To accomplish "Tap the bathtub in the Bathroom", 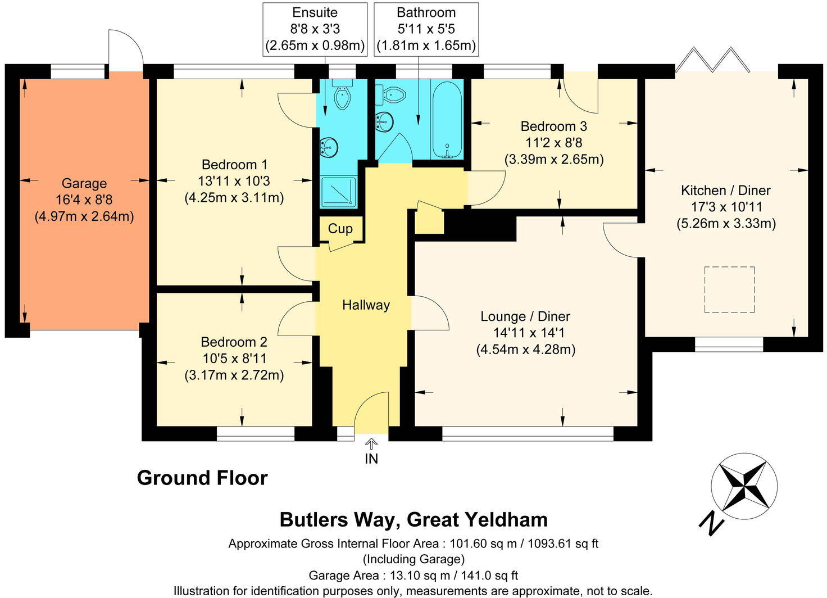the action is coord(447,119).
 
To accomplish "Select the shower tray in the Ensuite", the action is coord(339,192).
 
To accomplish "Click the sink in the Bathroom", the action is coord(384,121).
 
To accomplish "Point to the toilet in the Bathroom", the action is coord(390,94).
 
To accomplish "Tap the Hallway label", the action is coord(366,305).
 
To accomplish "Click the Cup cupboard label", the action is coord(340,229).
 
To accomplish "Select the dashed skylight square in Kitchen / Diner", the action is coord(729,289).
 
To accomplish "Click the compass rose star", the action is coord(744,487).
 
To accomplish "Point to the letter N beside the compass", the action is coord(710,522).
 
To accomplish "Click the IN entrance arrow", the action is coord(371,443).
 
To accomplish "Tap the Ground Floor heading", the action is coord(202,478).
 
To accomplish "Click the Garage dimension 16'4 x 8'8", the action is coord(84,200).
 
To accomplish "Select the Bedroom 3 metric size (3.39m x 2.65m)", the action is coord(554,159).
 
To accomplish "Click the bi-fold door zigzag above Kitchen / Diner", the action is coord(712,60).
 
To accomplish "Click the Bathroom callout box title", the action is coord(426,12).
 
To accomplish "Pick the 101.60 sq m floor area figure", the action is coord(483,543).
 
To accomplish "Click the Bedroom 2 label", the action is coord(234,342).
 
